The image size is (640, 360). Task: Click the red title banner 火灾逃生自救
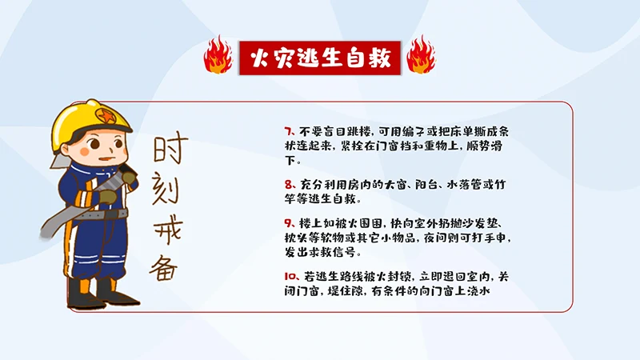coord(320,57)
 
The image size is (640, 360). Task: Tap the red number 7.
coord(288,130)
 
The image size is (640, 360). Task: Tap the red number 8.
coord(288,183)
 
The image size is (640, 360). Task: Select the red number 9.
coord(288,222)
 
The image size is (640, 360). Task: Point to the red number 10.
coord(290,276)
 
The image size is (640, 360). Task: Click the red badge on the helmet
coord(105,114)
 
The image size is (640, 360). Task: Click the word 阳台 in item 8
coord(429,183)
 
